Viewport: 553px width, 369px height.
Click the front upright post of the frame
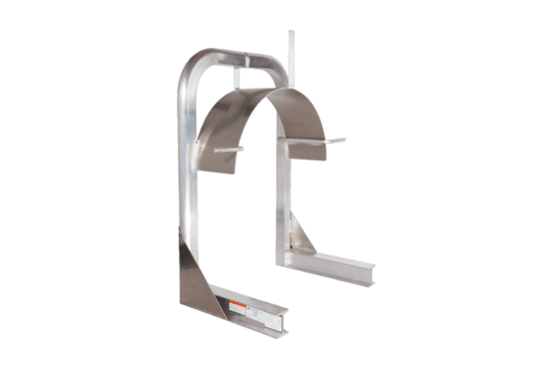coord(188,184)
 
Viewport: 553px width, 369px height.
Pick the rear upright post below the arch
coord(280,203)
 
